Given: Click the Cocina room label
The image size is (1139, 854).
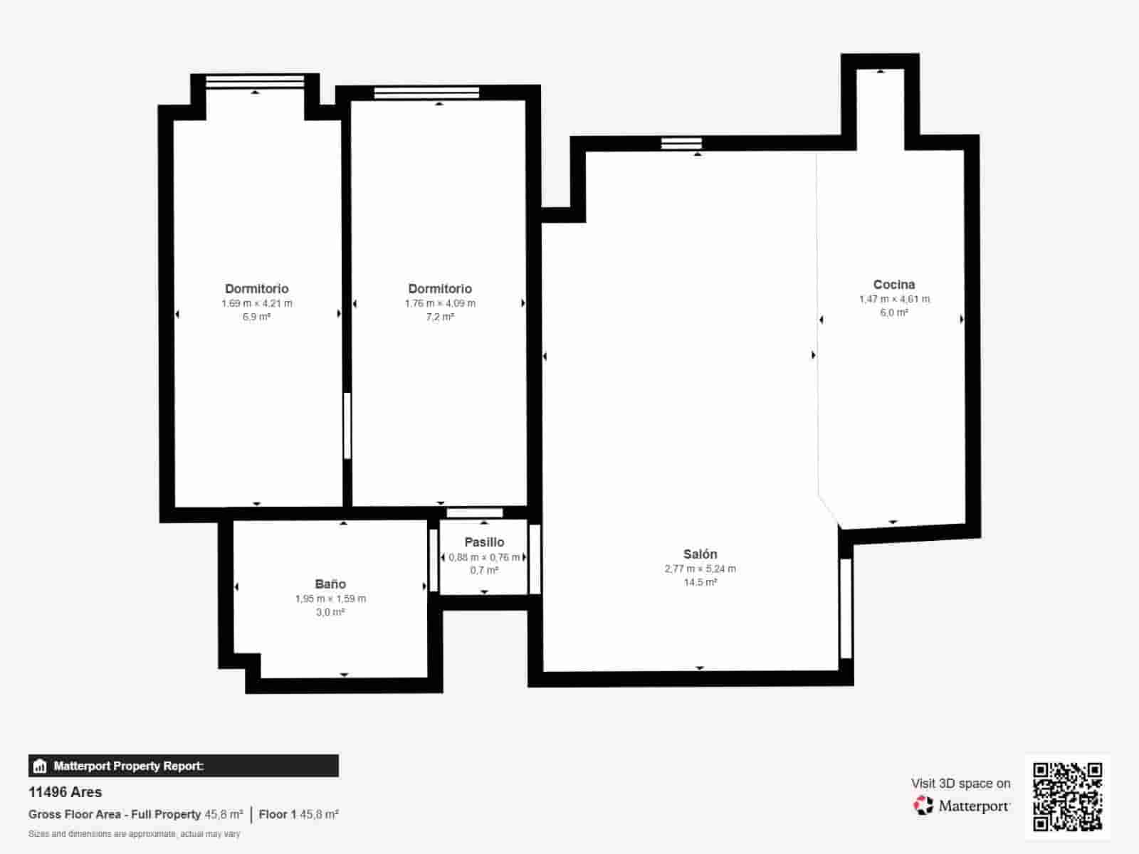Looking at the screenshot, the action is click(893, 284).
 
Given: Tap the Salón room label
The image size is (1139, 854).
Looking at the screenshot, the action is click(700, 554).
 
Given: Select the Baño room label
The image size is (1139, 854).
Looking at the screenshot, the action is click(330, 584).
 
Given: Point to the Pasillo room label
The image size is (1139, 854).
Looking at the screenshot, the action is click(484, 542).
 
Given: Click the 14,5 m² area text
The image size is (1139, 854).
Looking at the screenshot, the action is click(700, 582).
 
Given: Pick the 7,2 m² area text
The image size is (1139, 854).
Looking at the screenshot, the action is click(440, 317).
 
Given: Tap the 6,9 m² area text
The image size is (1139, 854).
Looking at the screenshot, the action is click(256, 317).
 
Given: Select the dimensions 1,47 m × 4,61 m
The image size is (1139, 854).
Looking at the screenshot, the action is click(894, 299).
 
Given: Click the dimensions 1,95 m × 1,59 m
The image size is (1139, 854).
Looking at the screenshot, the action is click(330, 599).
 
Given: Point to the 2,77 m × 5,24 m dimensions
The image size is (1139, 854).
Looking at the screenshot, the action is click(700, 569).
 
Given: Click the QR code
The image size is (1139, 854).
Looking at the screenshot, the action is click(1067, 796).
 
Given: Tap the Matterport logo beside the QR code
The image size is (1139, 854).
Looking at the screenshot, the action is click(961, 806).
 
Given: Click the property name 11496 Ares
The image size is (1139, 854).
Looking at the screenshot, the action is click(65, 792).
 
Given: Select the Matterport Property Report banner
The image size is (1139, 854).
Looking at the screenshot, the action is click(184, 766).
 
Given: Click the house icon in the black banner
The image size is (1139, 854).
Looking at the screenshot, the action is click(40, 766).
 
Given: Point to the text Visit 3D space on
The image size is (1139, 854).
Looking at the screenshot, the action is click(960, 784).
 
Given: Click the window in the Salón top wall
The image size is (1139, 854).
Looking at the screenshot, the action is click(681, 143).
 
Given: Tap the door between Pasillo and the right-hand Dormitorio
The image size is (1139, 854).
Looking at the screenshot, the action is click(474, 513).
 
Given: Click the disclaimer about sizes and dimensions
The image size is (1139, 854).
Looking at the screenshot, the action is click(135, 834).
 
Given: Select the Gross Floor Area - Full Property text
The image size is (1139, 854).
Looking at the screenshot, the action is click(115, 815).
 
